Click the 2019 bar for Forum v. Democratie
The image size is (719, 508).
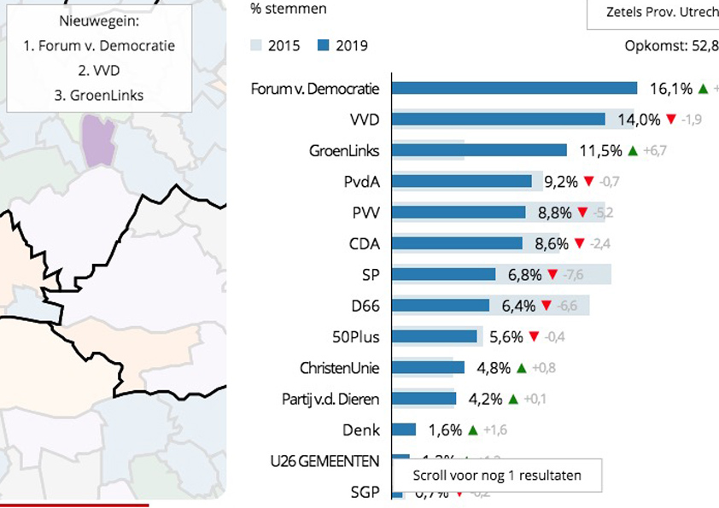[515, 88]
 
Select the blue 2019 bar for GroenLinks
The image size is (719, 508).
[480, 150]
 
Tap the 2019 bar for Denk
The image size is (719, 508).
[404, 429]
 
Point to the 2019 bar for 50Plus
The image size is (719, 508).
[435, 336]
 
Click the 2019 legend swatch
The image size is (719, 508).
[324, 45]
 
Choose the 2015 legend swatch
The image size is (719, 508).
[256, 45]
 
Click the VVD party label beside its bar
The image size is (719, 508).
[365, 120]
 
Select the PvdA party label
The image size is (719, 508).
[362, 181]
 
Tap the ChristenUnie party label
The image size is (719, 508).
[340, 368]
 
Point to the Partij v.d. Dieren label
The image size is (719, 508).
[330, 399]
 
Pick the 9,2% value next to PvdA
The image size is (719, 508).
[561, 181]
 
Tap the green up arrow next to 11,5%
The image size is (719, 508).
[633, 150]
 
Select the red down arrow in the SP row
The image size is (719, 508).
[552, 274]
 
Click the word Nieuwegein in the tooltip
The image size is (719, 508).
[99, 20]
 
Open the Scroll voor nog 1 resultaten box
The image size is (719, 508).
[497, 476]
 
